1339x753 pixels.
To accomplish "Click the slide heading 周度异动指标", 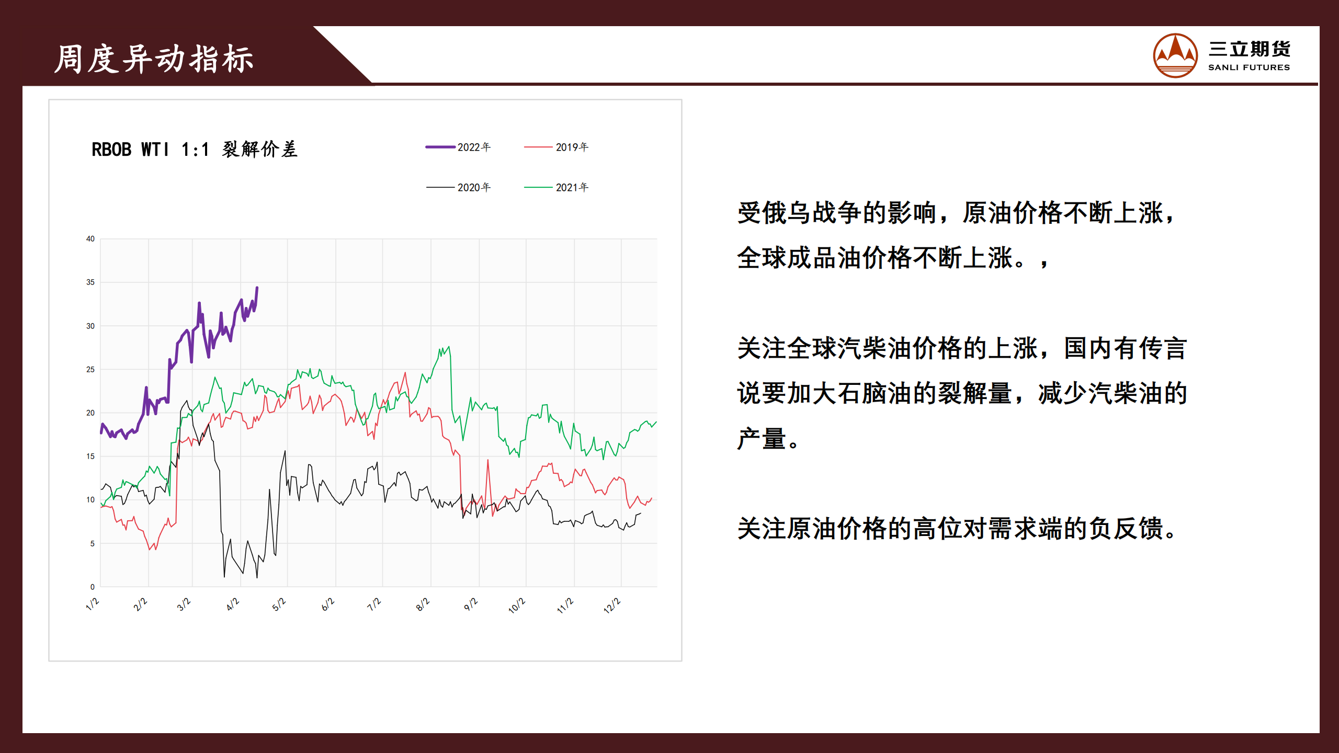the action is pos(154,59).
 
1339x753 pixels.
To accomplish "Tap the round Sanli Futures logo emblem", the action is pos(1175,55).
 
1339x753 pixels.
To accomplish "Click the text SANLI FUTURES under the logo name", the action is pos(1249,67).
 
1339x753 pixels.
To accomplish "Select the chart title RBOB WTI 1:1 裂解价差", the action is pos(195,150).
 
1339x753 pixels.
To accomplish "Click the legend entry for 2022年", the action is pos(458,147).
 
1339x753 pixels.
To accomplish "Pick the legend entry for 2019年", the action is pos(557,147).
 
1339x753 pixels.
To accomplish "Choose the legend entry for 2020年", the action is pos(458,187).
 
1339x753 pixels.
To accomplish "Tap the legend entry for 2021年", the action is pos(557,187).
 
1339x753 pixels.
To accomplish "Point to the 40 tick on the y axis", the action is pos(90,239).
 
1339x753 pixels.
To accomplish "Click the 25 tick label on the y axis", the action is pos(90,370).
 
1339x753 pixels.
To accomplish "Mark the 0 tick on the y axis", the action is pos(93,587).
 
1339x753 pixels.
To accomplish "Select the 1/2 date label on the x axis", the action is pos(93,604).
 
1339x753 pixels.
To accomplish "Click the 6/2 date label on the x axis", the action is pos(328,604).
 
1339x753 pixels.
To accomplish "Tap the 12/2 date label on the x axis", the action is pos(612,606).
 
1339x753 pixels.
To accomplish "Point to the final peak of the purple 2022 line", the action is pos(257,287).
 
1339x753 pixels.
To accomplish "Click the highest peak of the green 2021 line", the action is pos(448,347).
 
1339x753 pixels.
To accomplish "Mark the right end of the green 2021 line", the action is pos(656,422).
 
